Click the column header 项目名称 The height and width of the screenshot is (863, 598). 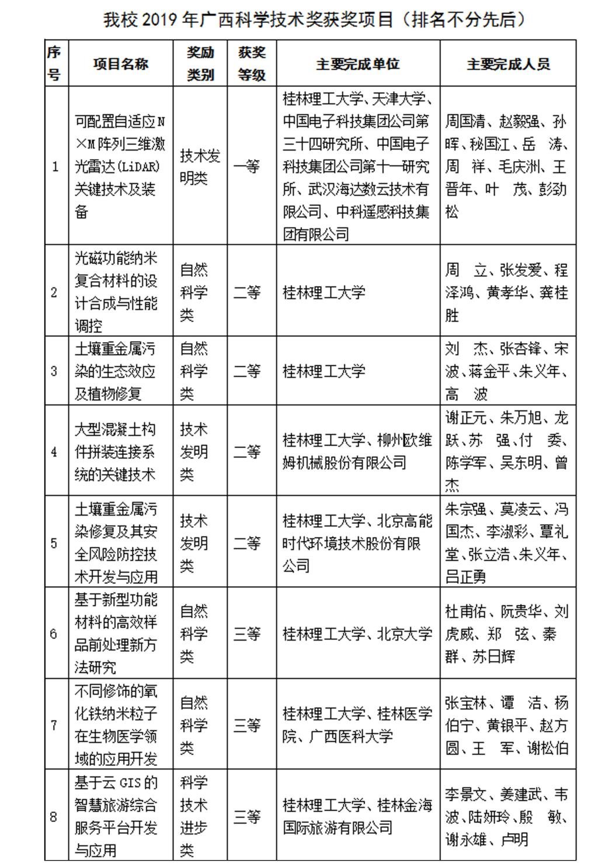tap(120, 64)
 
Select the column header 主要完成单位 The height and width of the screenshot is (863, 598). tap(357, 64)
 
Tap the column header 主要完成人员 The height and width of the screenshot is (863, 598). tap(508, 64)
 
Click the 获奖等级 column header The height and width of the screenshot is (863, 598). tap(252, 64)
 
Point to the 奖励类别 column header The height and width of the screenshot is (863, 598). tap(200, 64)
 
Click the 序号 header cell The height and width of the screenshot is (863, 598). tap(54, 64)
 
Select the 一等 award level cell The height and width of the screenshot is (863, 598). tap(246, 166)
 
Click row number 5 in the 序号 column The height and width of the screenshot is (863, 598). tap(54, 543)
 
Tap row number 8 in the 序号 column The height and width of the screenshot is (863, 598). tap(54, 816)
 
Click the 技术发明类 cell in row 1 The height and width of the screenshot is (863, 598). tap(200, 166)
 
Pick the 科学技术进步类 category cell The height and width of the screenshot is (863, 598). tap(194, 816)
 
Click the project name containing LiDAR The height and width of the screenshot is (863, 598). tap(120, 166)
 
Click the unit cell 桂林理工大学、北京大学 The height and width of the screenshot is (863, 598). tap(357, 634)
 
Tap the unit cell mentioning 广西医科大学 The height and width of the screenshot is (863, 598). tap(357, 725)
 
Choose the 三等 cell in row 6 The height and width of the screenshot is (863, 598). tap(246, 634)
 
